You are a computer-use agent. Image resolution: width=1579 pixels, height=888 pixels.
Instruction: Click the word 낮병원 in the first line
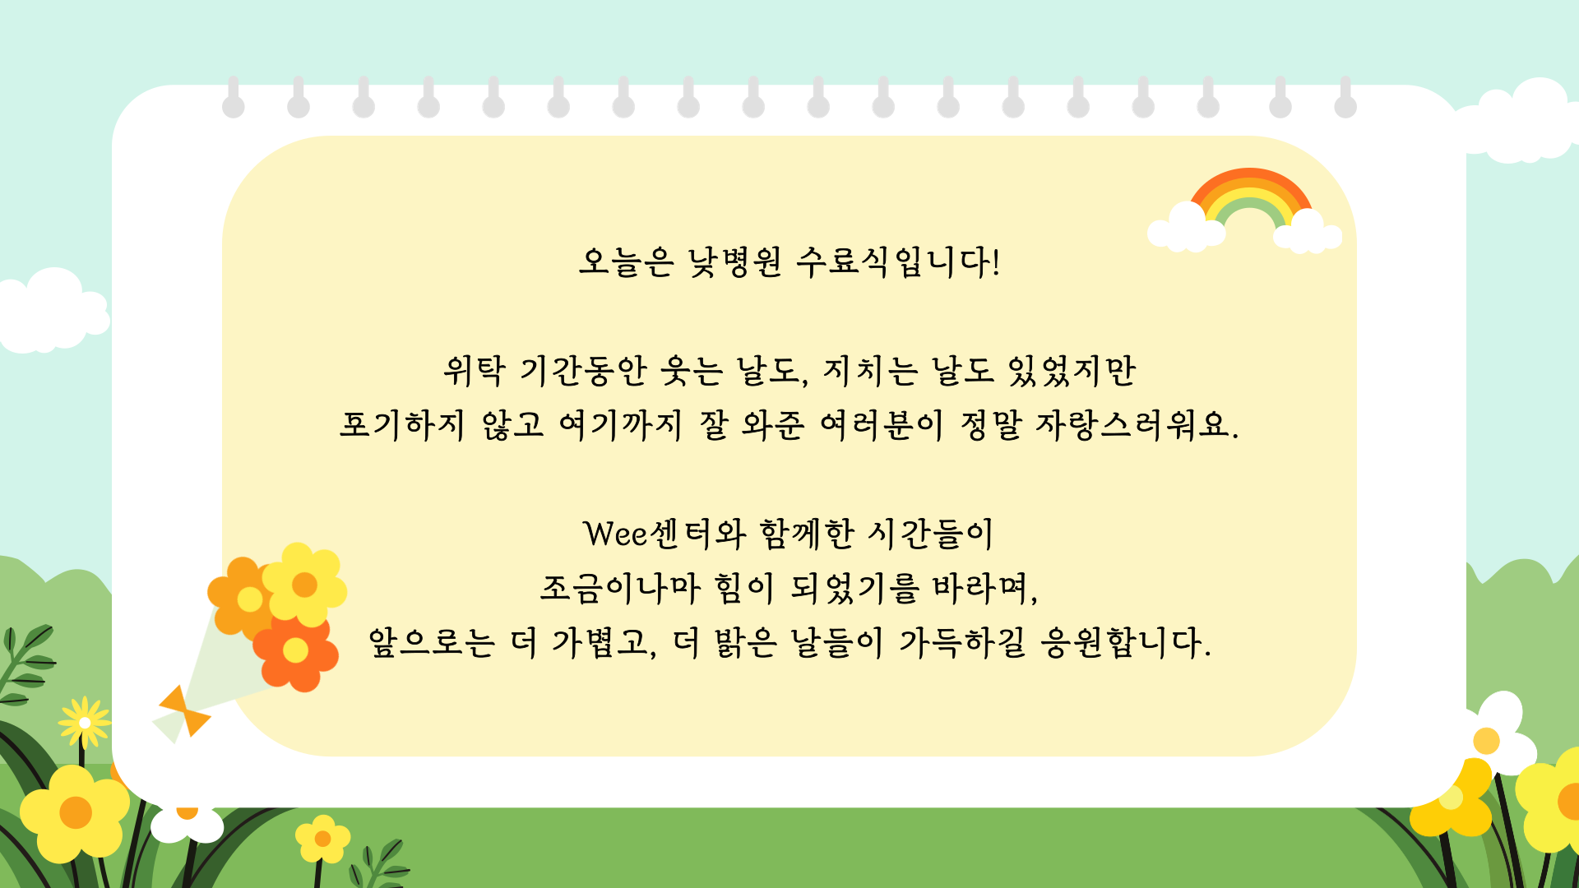735,262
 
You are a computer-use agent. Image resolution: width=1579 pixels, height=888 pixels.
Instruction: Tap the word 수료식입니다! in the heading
899,262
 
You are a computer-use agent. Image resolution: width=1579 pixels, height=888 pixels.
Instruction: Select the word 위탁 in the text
474,371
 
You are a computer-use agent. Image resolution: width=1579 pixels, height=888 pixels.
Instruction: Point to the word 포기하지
402,425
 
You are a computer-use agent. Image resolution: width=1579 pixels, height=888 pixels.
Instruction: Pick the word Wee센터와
664,534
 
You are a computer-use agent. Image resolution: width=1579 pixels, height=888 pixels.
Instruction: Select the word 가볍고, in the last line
604,642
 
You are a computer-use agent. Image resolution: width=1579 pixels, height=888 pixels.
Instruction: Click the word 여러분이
882,425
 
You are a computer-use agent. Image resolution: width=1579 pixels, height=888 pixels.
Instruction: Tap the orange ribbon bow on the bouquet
185,710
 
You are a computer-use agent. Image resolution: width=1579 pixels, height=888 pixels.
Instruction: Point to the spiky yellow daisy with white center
85,723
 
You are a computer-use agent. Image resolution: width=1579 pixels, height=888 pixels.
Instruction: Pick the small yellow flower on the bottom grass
322,839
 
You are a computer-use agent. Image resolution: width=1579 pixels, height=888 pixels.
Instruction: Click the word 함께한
807,534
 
